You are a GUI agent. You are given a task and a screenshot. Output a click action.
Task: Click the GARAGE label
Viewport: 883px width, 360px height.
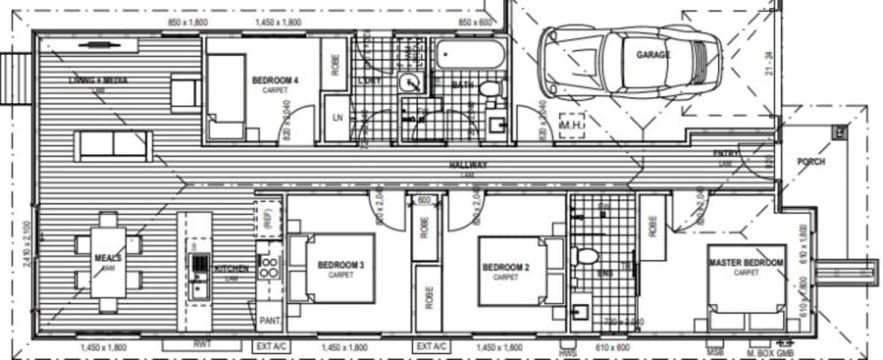(653, 55)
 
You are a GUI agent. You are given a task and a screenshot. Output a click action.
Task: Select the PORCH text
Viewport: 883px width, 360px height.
(811, 162)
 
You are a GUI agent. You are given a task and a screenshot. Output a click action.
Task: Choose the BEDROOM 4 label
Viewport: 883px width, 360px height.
(276, 80)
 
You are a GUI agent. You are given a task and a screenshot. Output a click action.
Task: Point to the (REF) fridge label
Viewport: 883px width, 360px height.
(263, 219)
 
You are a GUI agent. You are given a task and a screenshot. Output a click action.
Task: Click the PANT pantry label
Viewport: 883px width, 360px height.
(269, 320)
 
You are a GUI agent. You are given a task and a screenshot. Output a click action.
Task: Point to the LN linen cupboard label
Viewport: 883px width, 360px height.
(337, 118)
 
